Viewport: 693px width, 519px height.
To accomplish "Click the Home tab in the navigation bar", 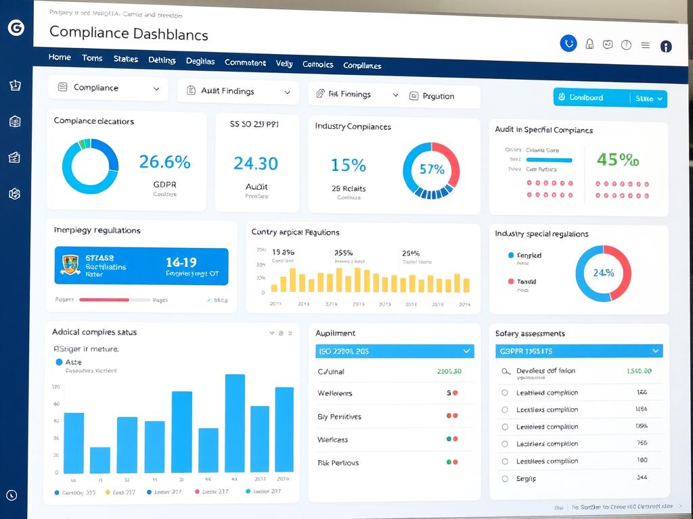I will pyautogui.click(x=60, y=57).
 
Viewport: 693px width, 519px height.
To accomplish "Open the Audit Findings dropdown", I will pyautogui.click(x=238, y=91).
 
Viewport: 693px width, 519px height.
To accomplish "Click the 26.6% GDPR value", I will pyautogui.click(x=164, y=162).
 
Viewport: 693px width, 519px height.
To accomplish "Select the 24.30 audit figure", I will pyautogui.click(x=255, y=164).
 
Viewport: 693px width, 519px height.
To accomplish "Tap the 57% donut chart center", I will pyautogui.click(x=431, y=170).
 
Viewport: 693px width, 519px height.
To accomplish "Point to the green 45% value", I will pyautogui.click(x=617, y=160).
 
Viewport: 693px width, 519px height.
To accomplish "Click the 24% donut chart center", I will pyautogui.click(x=603, y=273).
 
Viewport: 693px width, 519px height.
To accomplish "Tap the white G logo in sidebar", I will pyautogui.click(x=15, y=28).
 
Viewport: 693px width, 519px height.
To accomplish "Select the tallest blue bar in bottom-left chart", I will pyautogui.click(x=235, y=422).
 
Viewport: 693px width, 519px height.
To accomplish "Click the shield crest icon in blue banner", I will pyautogui.click(x=70, y=265).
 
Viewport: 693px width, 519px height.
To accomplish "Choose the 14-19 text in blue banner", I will pyautogui.click(x=181, y=262).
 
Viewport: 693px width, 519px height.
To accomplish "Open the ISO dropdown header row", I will pyautogui.click(x=395, y=351).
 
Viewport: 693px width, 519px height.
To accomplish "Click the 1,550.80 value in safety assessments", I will pyautogui.click(x=639, y=371).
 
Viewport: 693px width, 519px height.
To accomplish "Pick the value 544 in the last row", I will pyautogui.click(x=642, y=477).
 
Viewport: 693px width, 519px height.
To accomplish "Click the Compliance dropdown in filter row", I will pyautogui.click(x=108, y=88).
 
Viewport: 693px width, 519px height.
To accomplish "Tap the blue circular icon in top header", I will pyautogui.click(x=568, y=44).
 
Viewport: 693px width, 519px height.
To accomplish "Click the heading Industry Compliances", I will pyautogui.click(x=353, y=126).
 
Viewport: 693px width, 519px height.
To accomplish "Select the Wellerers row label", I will pyautogui.click(x=334, y=393).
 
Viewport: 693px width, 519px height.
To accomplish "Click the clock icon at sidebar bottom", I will pyautogui.click(x=12, y=495).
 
